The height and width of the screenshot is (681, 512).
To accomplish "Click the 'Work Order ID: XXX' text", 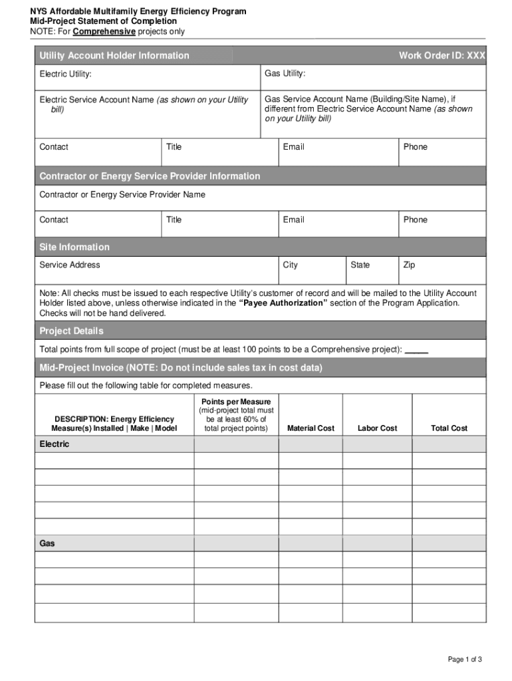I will [x=442, y=56].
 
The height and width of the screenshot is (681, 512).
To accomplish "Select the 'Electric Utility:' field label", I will [x=65, y=74].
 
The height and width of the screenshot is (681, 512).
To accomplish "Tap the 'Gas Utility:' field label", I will [x=285, y=73].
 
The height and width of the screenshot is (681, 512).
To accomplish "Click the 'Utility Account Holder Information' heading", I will [x=114, y=56].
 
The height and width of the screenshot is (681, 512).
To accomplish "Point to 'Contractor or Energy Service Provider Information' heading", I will [x=150, y=176].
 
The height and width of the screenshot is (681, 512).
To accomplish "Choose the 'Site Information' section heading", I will [x=74, y=247].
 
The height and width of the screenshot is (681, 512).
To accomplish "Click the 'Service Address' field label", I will [x=70, y=265].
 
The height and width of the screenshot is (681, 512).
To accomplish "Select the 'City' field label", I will [x=290, y=265].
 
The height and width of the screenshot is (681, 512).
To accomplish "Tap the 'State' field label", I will [x=360, y=265].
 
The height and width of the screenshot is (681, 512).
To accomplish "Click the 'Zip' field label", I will [x=409, y=265].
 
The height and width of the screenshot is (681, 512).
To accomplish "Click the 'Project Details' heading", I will [x=71, y=331].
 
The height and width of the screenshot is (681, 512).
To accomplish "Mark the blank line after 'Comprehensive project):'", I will [x=416, y=350].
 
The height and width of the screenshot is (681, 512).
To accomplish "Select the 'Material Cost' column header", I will [x=311, y=428].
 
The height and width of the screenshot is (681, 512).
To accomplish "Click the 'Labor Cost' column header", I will [x=377, y=428].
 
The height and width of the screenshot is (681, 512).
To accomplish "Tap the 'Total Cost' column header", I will [x=449, y=428].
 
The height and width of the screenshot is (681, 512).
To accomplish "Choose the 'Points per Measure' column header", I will [x=236, y=402].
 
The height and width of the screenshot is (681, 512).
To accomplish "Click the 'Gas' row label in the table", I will [x=47, y=543].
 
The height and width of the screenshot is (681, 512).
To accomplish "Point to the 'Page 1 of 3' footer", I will [x=465, y=659].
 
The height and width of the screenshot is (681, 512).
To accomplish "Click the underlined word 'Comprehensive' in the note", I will [x=104, y=31].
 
